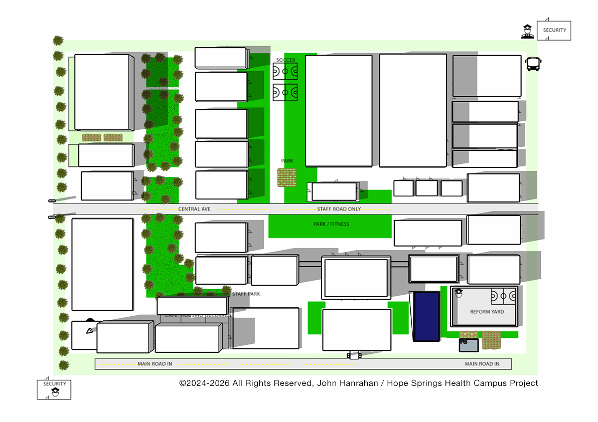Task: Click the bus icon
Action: [x=533, y=64]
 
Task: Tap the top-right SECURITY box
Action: [x=554, y=30]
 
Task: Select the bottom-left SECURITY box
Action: [x=54, y=389]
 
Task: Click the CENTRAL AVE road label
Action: [x=194, y=209]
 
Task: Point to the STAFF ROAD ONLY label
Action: [x=339, y=209]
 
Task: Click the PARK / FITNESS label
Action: [x=331, y=224]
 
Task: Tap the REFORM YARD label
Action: [x=487, y=312]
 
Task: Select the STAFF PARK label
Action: [x=246, y=294]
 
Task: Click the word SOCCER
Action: [x=285, y=60]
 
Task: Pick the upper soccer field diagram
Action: [x=285, y=71]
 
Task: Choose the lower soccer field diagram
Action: [x=285, y=92]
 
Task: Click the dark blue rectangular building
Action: [x=426, y=316]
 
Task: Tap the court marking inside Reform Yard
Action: [x=503, y=297]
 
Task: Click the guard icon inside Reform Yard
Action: [x=459, y=293]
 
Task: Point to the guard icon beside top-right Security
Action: [x=527, y=32]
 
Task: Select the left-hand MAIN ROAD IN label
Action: [x=155, y=364]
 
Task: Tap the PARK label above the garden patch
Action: [x=287, y=161]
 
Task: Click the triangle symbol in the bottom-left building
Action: [x=89, y=330]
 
